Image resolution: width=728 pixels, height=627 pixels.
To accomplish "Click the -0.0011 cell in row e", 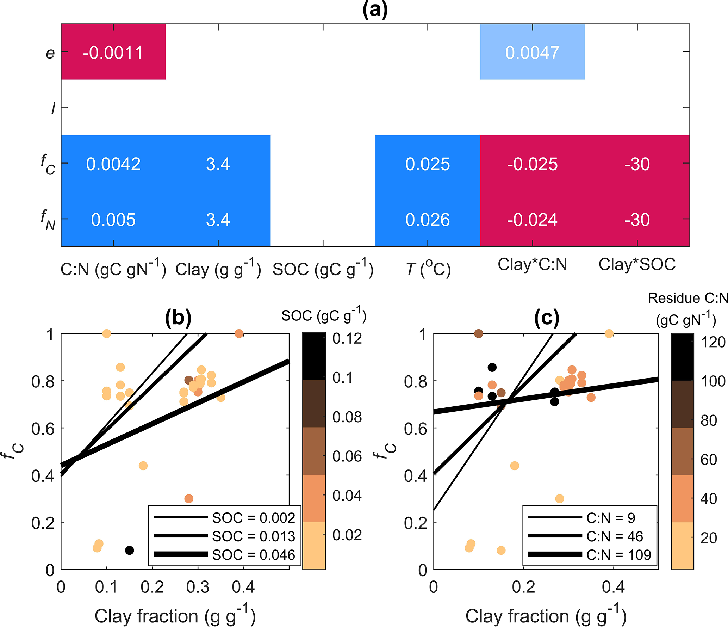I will [113, 53].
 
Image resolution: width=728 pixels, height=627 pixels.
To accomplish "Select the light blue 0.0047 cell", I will [532, 53].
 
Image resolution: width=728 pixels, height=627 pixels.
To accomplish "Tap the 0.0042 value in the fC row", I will [113, 164].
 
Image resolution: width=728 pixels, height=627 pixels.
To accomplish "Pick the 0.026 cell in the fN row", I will [428, 220].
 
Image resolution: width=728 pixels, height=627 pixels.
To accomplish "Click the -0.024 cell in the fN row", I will [532, 220].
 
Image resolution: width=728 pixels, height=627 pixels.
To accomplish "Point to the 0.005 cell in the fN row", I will [113, 220].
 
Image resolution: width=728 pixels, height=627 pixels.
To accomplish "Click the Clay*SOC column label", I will [637, 264].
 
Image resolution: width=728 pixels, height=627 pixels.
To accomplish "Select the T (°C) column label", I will [428, 269].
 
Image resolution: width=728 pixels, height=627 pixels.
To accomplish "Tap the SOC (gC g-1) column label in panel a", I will [323, 269].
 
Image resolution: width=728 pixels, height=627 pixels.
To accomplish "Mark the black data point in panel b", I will [130, 550].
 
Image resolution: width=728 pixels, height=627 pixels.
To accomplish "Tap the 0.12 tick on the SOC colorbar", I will [347, 339].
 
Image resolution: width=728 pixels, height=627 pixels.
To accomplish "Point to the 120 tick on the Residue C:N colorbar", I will [713, 342].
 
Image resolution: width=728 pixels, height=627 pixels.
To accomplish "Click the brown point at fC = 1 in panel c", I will [479, 333].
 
